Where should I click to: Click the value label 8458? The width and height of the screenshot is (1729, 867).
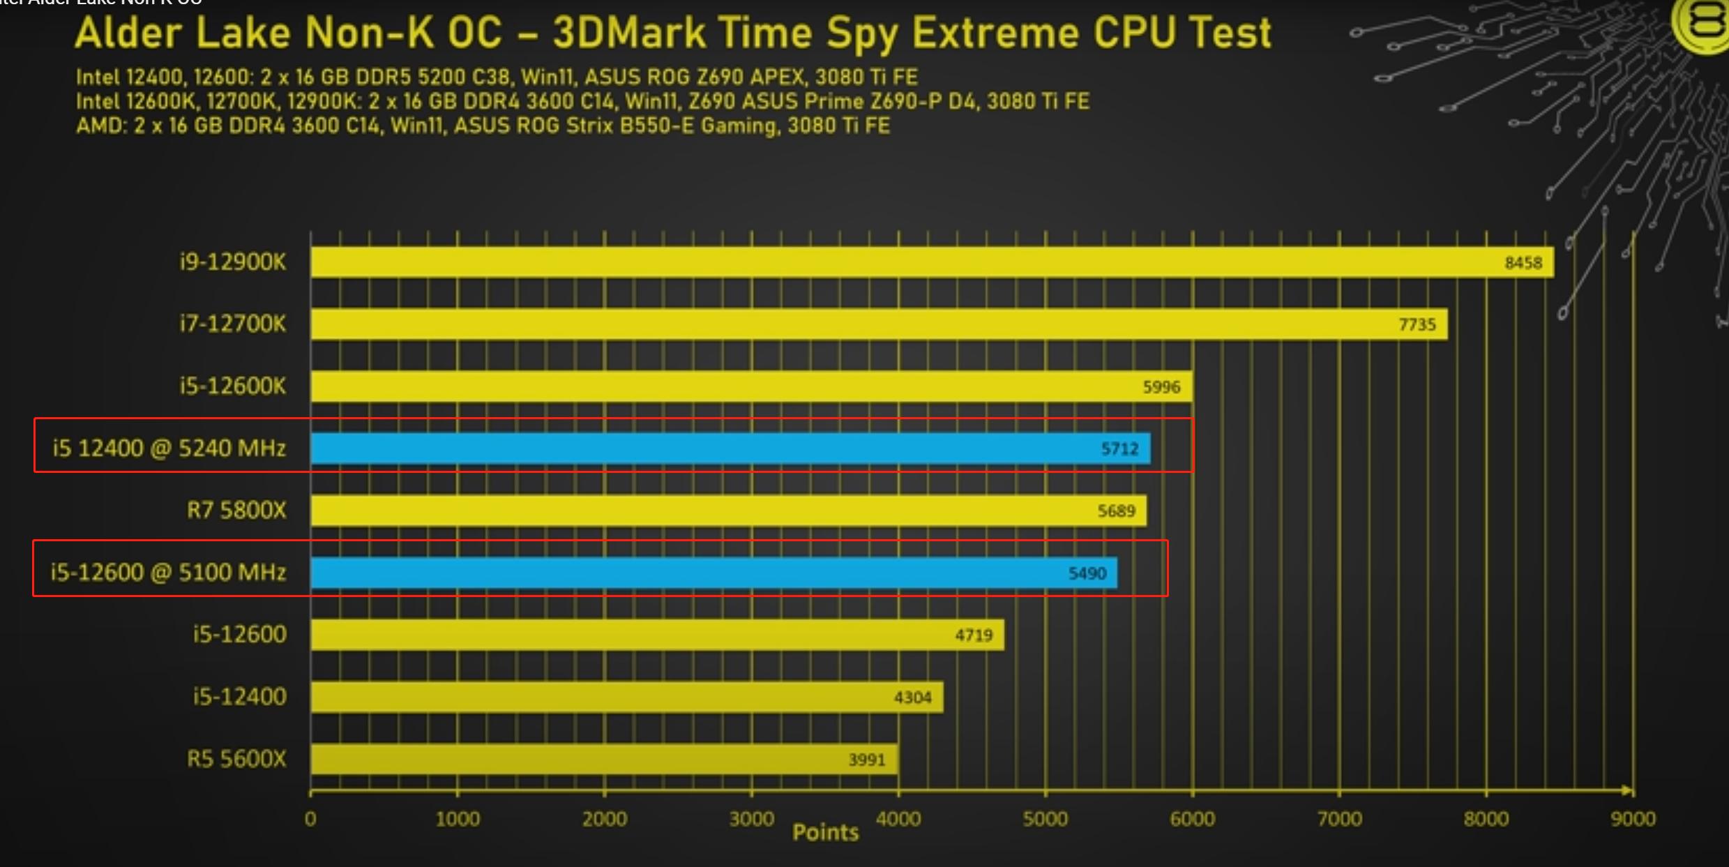(x=1523, y=263)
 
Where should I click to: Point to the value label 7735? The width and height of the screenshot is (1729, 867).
(x=1417, y=325)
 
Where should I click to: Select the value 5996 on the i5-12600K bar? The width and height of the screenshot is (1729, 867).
(x=1161, y=387)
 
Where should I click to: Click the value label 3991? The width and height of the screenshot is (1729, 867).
(x=866, y=760)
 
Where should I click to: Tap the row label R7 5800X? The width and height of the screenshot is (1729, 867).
(x=236, y=511)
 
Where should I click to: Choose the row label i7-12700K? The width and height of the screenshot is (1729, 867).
(x=233, y=324)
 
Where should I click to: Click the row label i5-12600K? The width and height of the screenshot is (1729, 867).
(x=233, y=386)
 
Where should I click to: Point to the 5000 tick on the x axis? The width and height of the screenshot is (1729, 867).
(x=1045, y=819)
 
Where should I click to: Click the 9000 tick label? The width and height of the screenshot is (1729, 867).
(x=1633, y=819)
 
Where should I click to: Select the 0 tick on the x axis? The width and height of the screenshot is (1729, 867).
(x=310, y=819)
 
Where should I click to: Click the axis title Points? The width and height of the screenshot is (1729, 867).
(x=825, y=832)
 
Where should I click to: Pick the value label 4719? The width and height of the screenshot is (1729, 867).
(x=974, y=635)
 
